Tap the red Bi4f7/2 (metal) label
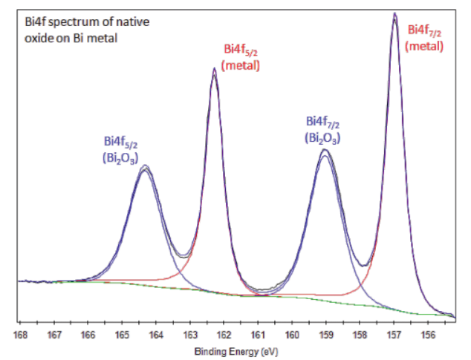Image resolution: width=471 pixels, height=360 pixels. [x=426, y=38]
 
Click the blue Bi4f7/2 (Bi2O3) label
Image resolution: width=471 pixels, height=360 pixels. [x=325, y=129]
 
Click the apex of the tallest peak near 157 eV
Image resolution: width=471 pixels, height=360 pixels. [x=394, y=13]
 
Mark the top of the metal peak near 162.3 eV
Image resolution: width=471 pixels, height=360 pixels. [x=214, y=68]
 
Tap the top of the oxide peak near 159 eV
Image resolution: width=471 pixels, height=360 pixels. [x=325, y=150]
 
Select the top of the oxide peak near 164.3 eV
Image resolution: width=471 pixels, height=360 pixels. [x=145, y=166]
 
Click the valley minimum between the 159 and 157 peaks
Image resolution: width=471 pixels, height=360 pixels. [x=363, y=265]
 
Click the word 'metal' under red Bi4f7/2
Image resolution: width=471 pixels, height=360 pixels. [x=426, y=45]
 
